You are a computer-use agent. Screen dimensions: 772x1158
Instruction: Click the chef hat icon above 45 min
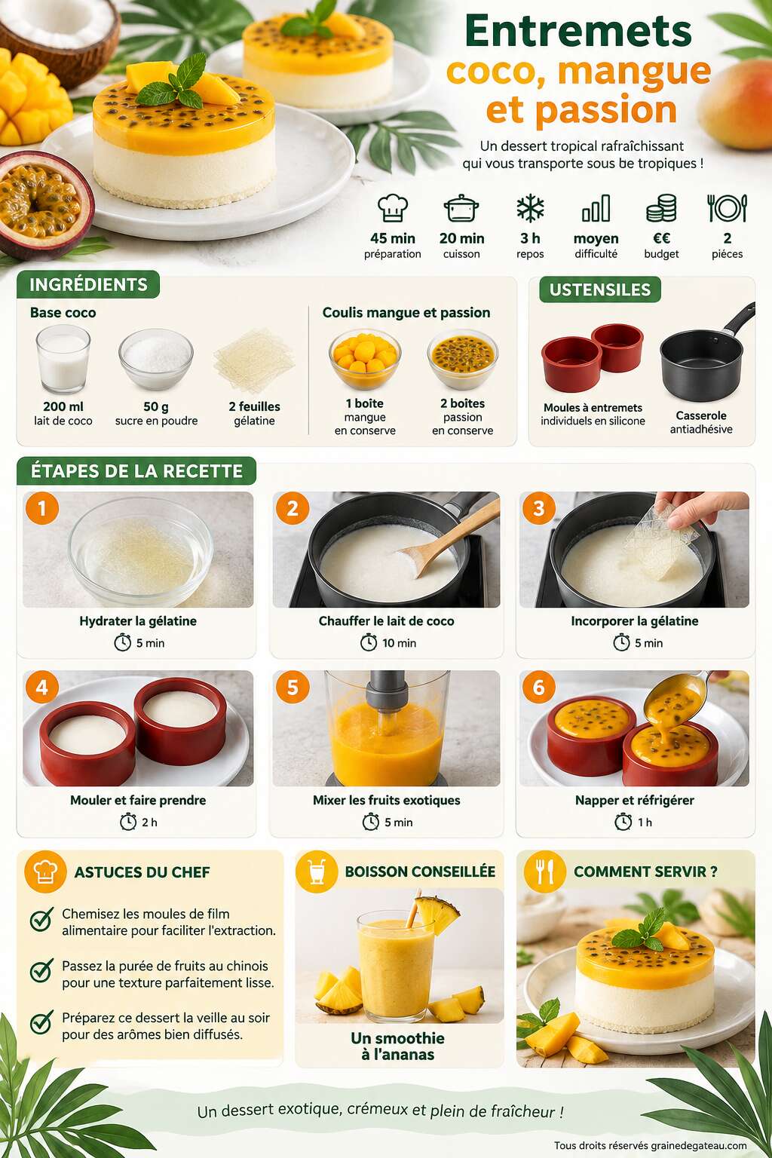(x=393, y=208)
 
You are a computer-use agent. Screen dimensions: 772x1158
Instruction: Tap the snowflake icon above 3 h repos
(x=530, y=208)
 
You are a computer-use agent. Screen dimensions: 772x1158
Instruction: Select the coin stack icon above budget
(x=661, y=208)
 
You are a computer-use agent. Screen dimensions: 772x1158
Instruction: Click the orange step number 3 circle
(x=539, y=508)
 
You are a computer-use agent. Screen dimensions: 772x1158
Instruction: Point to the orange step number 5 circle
(x=293, y=687)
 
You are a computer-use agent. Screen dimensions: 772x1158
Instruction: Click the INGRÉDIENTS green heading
(x=88, y=284)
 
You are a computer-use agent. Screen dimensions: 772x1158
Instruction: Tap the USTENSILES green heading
(x=600, y=289)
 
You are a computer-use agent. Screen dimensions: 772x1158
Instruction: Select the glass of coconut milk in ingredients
(x=63, y=360)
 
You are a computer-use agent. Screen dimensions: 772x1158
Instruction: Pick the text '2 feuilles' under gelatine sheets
(x=254, y=406)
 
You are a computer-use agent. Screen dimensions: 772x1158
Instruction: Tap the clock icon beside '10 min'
(x=368, y=642)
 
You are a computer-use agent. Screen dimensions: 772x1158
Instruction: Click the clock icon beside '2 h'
(x=128, y=822)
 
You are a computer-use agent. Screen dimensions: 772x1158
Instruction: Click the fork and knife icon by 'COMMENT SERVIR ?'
(x=545, y=872)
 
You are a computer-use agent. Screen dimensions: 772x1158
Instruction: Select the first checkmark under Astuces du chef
(x=41, y=919)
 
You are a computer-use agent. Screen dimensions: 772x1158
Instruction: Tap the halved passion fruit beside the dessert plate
(x=44, y=204)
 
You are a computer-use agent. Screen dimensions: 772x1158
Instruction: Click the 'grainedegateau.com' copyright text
(x=699, y=1145)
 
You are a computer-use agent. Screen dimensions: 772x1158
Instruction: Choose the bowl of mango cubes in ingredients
(x=365, y=358)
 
